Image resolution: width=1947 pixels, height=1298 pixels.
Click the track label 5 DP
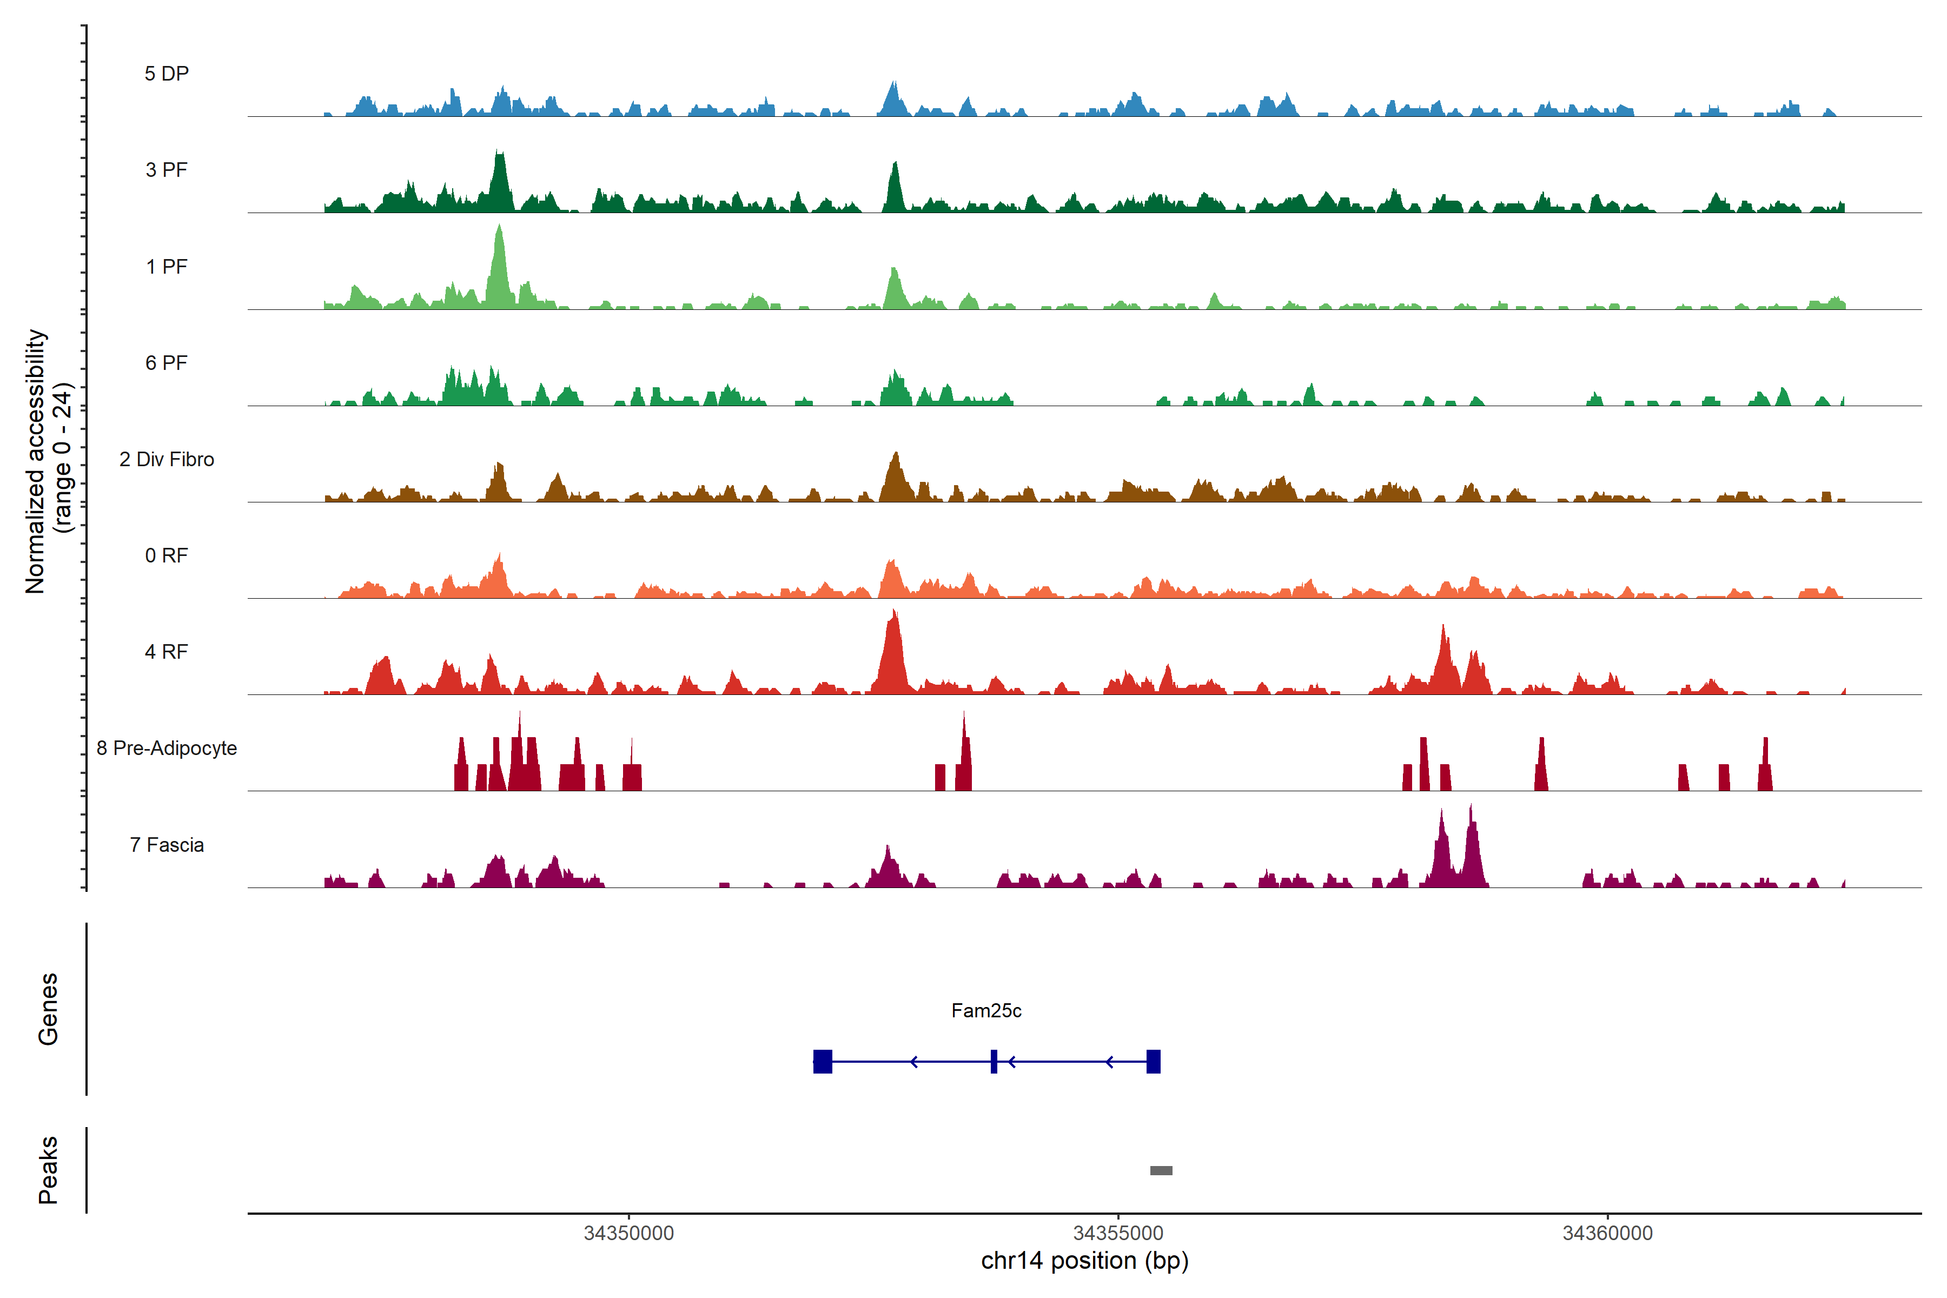click(167, 74)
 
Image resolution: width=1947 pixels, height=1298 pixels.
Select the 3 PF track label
click(167, 170)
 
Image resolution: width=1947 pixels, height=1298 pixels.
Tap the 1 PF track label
click(167, 267)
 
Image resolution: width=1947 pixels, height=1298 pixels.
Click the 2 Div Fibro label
click(167, 459)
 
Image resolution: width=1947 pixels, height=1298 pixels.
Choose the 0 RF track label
click(167, 555)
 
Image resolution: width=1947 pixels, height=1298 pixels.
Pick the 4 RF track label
click(167, 652)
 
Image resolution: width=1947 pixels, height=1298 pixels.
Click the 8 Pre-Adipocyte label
click(167, 749)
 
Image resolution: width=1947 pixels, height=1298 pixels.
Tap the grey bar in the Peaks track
click(1161, 1170)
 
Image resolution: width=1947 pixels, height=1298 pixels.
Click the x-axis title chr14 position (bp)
click(1084, 1260)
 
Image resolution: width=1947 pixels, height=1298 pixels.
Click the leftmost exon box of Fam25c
click(822, 1061)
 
